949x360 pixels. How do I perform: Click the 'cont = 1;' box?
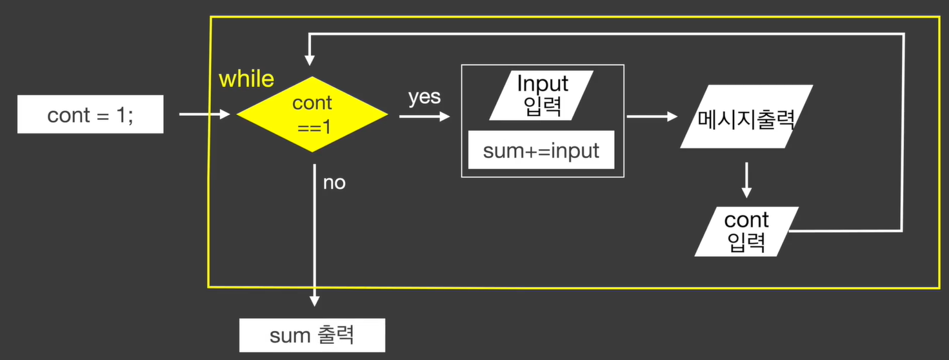[90, 115]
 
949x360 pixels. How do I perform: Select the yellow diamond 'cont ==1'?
[312, 114]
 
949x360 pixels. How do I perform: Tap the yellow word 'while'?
[246, 79]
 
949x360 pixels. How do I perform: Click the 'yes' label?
[425, 97]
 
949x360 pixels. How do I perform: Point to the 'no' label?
[334, 183]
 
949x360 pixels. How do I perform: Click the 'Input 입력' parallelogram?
[542, 95]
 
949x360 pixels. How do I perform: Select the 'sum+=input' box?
[541, 150]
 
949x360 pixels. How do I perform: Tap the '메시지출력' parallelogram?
[746, 117]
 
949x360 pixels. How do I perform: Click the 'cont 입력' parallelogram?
[746, 230]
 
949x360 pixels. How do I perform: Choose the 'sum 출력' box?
[312, 335]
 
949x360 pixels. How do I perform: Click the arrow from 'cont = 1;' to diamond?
[204, 115]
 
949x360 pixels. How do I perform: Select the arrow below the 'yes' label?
[424, 117]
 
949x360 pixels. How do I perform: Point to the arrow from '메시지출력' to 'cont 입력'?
[746, 179]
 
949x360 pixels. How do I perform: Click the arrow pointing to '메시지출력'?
[652, 117]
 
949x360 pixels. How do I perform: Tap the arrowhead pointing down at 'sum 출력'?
[314, 300]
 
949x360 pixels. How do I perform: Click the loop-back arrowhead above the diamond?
[310, 60]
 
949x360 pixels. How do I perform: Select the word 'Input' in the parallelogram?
[543, 83]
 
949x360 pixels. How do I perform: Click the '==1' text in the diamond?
[314, 126]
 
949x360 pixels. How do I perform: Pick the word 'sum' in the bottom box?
[286, 335]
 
